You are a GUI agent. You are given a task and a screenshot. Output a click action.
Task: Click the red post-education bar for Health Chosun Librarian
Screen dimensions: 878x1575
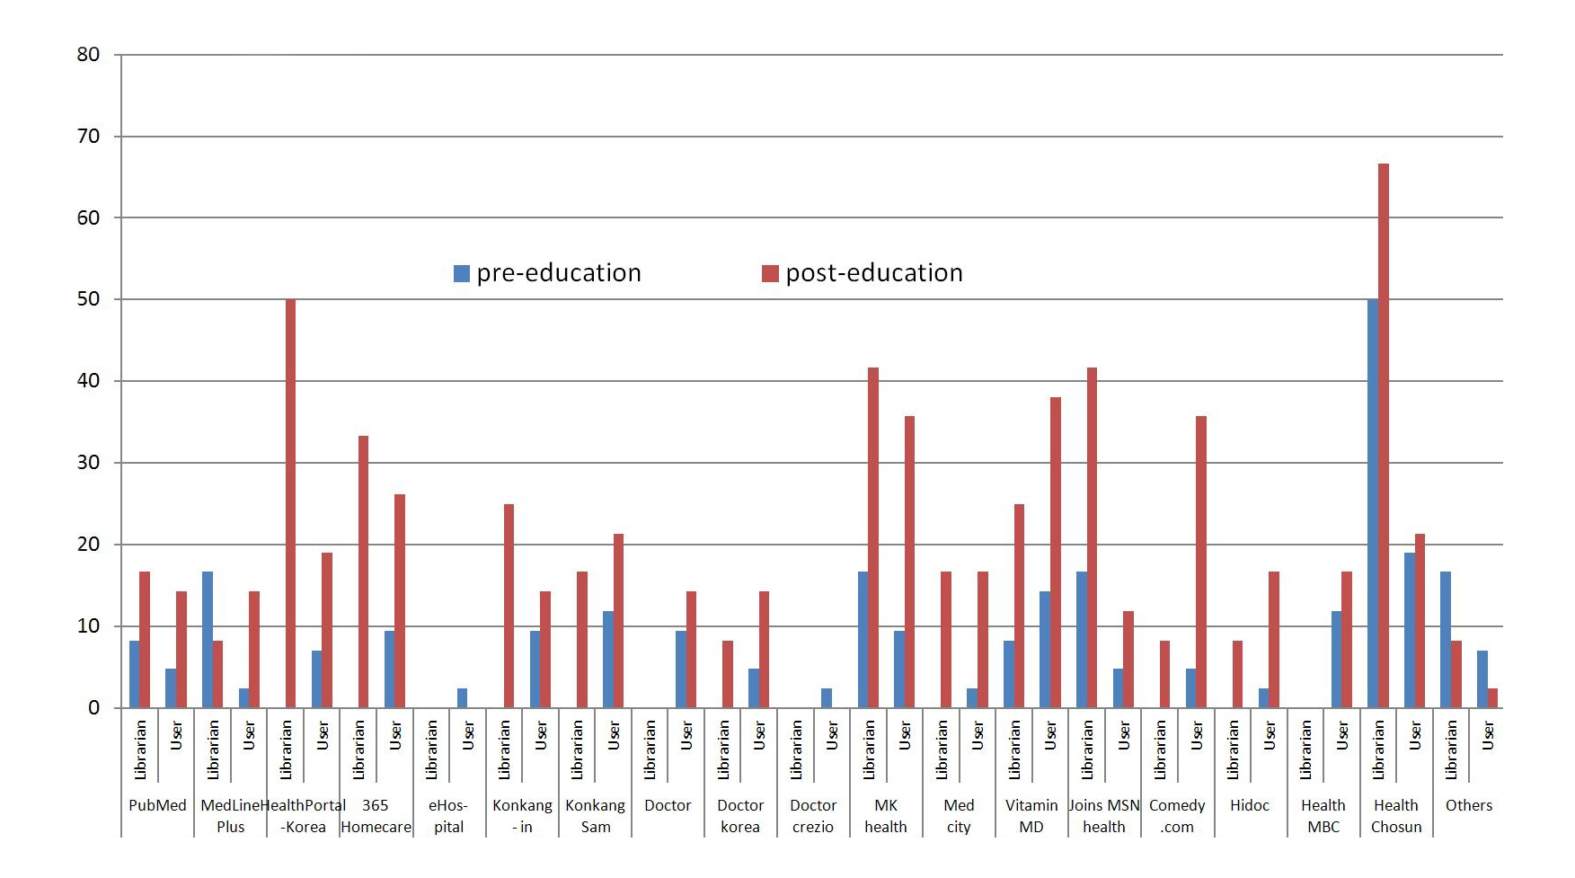(x=1384, y=436)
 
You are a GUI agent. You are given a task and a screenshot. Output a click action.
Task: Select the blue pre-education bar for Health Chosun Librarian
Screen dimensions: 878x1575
(x=1373, y=503)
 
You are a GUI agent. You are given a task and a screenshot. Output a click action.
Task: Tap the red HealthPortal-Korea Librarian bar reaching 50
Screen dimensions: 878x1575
(x=290, y=503)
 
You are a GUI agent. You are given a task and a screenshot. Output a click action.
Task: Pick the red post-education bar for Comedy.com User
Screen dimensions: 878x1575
(x=1201, y=562)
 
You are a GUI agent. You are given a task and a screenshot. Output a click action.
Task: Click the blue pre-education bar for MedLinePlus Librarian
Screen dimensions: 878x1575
(x=208, y=640)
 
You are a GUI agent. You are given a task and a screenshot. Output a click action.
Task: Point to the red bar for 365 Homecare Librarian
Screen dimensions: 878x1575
(x=363, y=572)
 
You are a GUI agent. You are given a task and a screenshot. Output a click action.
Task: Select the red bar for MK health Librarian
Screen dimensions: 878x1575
(x=873, y=537)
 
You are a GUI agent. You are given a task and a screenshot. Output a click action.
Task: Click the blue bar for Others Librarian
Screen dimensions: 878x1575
(x=1446, y=640)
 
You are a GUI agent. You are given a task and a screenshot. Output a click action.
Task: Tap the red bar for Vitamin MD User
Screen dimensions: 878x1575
(x=1056, y=552)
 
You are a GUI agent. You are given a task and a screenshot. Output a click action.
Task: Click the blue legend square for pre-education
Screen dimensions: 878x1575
(x=462, y=274)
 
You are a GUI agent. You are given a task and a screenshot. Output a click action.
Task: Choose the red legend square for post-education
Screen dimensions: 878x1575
(x=770, y=274)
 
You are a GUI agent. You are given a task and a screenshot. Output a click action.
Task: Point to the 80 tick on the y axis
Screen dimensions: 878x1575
(x=88, y=55)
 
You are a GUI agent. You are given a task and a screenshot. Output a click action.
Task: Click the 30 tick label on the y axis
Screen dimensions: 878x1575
(x=88, y=463)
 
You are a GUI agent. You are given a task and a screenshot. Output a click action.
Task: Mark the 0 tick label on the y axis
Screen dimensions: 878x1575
(x=93, y=708)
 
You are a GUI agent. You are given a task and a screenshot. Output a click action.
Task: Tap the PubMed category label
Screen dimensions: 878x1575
(x=157, y=805)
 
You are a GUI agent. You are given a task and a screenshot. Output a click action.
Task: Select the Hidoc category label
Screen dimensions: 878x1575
(x=1250, y=805)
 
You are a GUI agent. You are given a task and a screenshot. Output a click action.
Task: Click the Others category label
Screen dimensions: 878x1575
(x=1468, y=805)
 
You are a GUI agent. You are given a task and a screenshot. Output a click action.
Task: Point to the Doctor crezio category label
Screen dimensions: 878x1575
(x=813, y=816)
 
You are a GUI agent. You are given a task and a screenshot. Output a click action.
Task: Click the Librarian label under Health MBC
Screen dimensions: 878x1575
(x=1305, y=749)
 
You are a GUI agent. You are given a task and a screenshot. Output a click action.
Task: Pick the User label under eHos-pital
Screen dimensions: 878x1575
(x=468, y=736)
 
